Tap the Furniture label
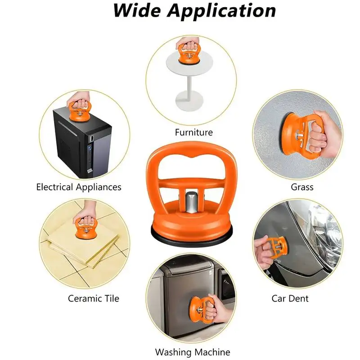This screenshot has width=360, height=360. click(193, 132)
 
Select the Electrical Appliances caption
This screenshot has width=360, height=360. click(79, 187)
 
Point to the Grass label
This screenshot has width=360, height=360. click(302, 186)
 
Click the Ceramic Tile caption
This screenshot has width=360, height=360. click(94, 298)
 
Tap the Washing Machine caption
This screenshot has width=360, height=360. click(193, 352)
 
